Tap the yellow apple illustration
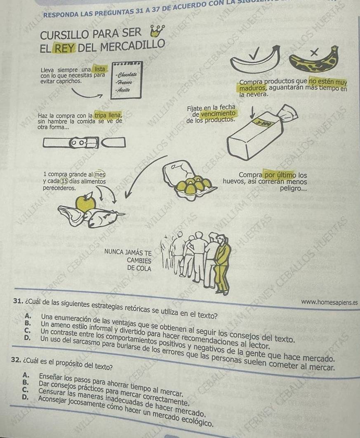(87, 203)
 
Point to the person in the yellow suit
(223, 264)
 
